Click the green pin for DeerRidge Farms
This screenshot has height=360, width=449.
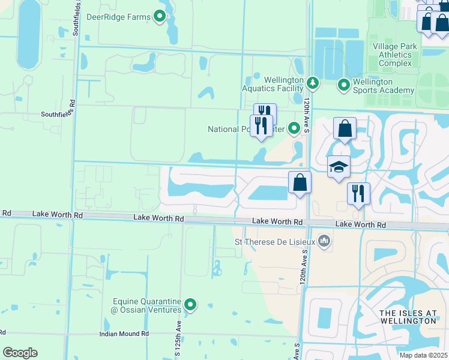(x=160, y=17)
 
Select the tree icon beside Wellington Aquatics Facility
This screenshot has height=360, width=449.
(x=312, y=82)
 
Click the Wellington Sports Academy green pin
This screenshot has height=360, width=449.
(x=344, y=86)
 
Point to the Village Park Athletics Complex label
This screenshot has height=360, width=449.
(x=393, y=55)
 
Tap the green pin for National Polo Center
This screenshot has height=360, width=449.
(x=294, y=128)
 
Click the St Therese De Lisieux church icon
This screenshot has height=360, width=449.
(x=325, y=242)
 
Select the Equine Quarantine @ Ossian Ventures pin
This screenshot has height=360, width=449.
(x=190, y=305)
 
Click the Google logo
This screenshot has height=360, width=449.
(x=20, y=353)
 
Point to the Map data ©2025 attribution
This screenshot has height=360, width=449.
(x=423, y=355)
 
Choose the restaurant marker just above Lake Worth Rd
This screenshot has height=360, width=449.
(x=358, y=194)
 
